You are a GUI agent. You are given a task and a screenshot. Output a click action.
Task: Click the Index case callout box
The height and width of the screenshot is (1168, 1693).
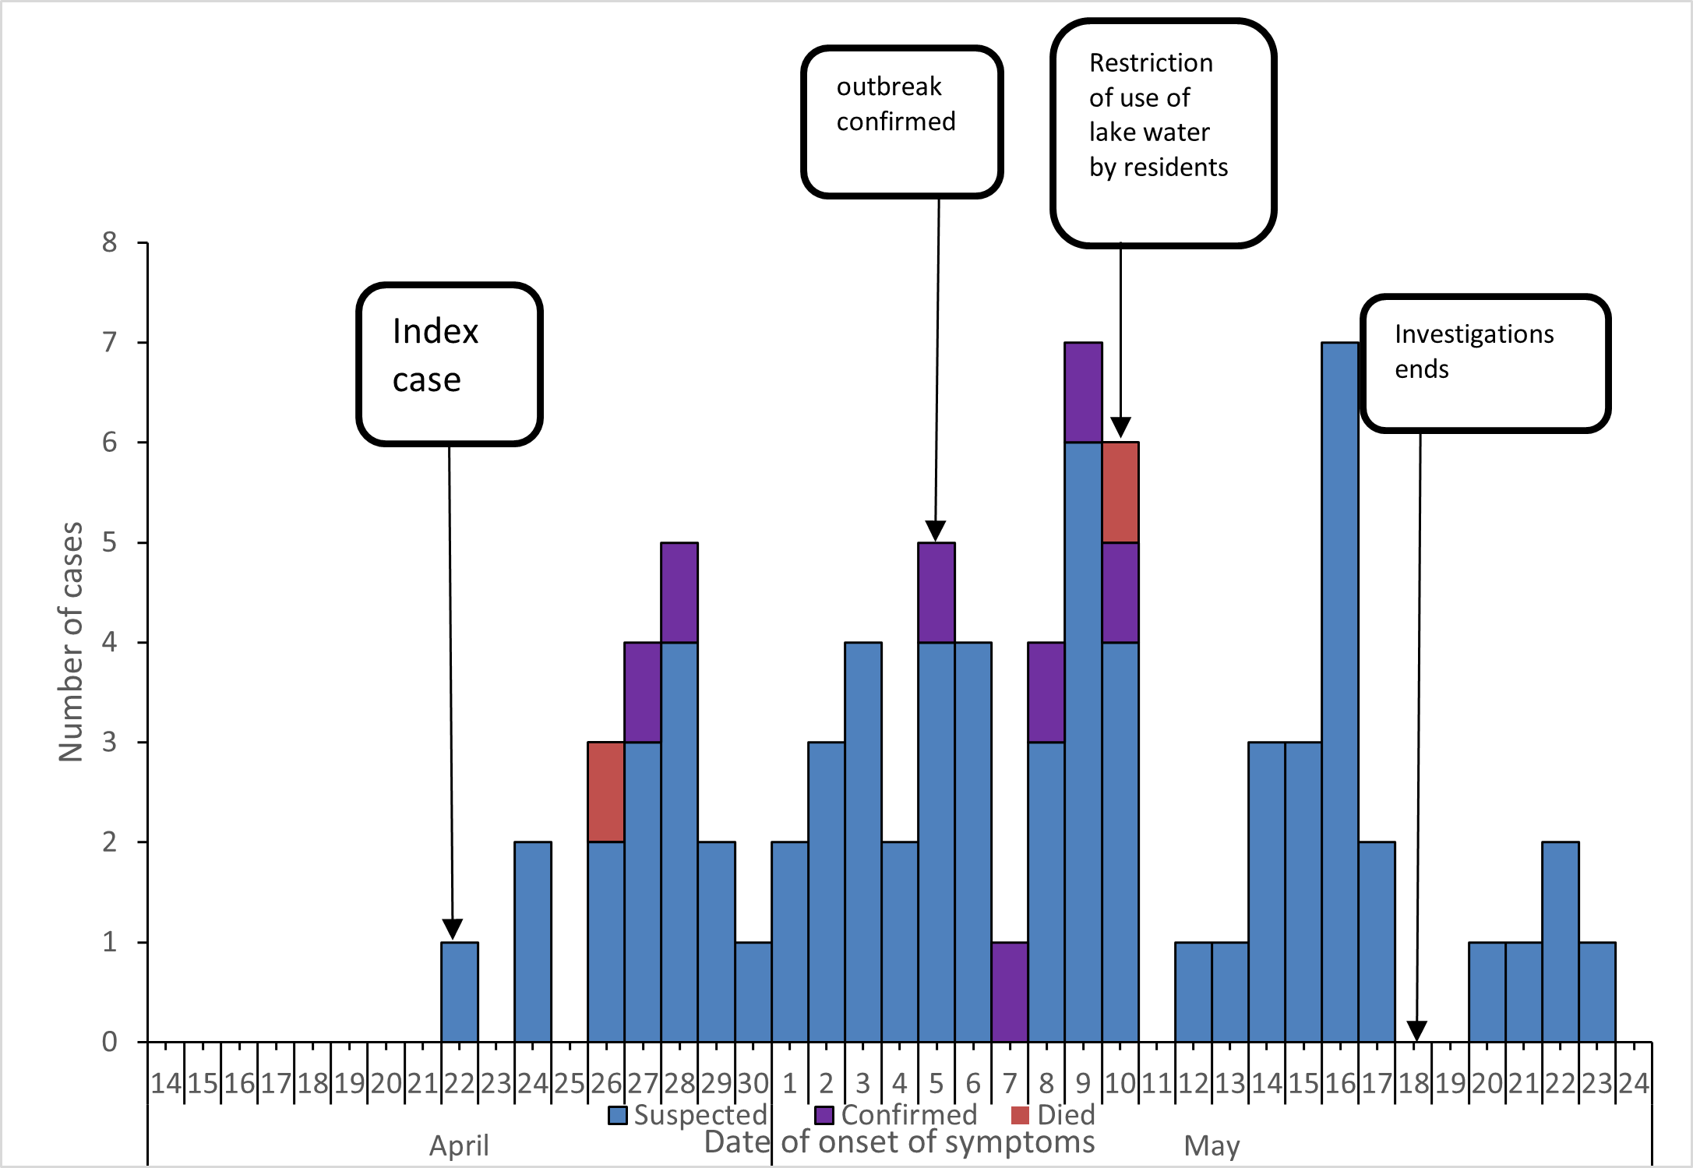click(x=450, y=364)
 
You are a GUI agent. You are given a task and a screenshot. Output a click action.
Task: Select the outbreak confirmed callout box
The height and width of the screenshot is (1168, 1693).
click(x=901, y=121)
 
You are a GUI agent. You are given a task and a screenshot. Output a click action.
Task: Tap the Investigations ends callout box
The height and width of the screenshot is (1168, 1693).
click(x=1485, y=363)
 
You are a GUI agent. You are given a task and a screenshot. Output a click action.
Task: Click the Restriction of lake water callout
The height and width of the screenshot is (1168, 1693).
click(x=1162, y=132)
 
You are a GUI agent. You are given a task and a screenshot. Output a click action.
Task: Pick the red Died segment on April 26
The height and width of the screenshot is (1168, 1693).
click(x=605, y=792)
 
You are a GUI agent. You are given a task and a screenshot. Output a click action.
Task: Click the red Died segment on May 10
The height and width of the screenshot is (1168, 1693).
click(x=1120, y=492)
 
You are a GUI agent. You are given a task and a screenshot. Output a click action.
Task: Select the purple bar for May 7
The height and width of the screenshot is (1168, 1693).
click(x=1010, y=992)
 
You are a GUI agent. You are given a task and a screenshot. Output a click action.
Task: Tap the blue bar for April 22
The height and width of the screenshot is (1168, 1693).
click(x=460, y=992)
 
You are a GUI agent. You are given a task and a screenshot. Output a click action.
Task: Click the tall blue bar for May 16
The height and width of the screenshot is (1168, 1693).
click(x=1340, y=692)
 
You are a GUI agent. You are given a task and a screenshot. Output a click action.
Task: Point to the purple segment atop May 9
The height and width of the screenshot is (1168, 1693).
click(x=1083, y=392)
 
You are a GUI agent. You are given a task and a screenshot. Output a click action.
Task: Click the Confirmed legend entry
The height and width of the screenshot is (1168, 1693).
click(x=896, y=1115)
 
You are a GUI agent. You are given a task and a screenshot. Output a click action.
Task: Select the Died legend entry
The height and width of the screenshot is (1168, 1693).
click(x=1053, y=1115)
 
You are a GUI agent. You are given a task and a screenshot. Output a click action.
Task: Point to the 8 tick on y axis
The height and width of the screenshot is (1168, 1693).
click(x=110, y=242)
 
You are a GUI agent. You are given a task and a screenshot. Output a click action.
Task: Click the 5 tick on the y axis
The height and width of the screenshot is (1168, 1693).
click(x=110, y=542)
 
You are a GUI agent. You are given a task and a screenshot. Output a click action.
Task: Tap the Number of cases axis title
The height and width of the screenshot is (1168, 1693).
click(x=71, y=642)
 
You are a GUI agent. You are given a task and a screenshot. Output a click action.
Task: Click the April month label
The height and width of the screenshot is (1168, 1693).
click(x=459, y=1146)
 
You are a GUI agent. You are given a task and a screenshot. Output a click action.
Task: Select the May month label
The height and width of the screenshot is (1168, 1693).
click(x=1212, y=1146)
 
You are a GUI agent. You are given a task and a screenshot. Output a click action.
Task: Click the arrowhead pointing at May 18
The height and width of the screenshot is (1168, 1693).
click(x=1416, y=1031)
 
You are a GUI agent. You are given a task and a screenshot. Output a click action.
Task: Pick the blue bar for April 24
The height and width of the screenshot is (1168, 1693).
click(x=533, y=941)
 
